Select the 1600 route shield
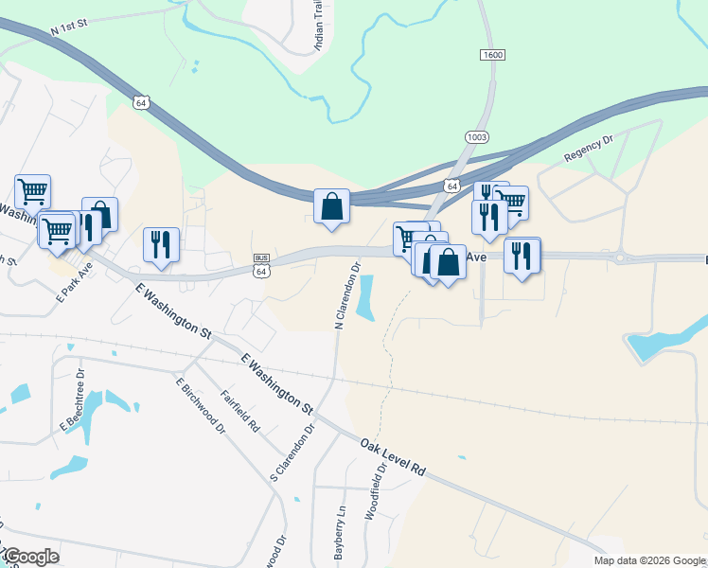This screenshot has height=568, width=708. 491,56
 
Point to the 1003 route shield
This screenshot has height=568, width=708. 477,137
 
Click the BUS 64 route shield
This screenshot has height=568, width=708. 262,265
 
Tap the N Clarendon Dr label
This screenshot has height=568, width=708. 347,295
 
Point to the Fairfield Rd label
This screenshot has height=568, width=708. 240,411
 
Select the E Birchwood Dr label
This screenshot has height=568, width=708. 200,406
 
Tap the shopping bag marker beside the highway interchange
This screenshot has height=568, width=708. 331,205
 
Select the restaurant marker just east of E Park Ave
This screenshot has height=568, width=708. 160,244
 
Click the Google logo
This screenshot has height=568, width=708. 30,557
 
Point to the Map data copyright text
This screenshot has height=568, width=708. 649,560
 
